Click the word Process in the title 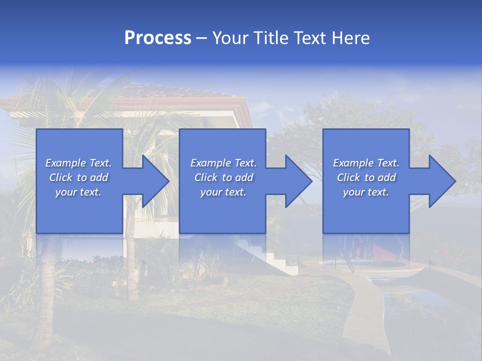(158, 38)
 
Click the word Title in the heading (272, 38)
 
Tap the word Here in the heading (350, 38)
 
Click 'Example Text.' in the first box (78, 163)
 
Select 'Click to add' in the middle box (223, 177)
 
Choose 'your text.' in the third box (366, 192)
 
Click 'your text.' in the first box (78, 192)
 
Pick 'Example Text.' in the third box (366, 163)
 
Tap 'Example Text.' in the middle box (223, 163)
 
